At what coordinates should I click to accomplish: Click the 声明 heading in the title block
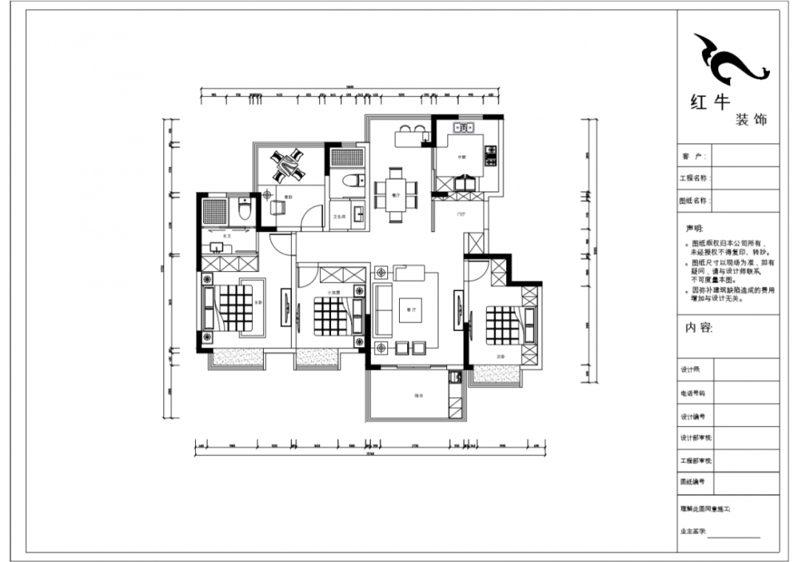[x=695, y=229]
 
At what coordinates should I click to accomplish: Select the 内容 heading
[x=699, y=328]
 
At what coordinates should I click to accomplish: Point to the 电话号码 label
[x=692, y=394]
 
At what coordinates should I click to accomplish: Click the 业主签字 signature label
[x=693, y=531]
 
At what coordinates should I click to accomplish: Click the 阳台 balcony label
[x=419, y=397]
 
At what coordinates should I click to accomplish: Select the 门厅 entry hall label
[x=461, y=214]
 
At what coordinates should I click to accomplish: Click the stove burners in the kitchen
[x=489, y=156]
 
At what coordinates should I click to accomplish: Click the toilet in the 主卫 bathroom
[x=245, y=211]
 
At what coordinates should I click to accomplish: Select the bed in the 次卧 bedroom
[x=502, y=325]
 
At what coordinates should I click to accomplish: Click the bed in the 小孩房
[x=330, y=315]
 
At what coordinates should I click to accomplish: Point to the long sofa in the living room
[x=382, y=308]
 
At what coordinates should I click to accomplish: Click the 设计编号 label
[x=692, y=417]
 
